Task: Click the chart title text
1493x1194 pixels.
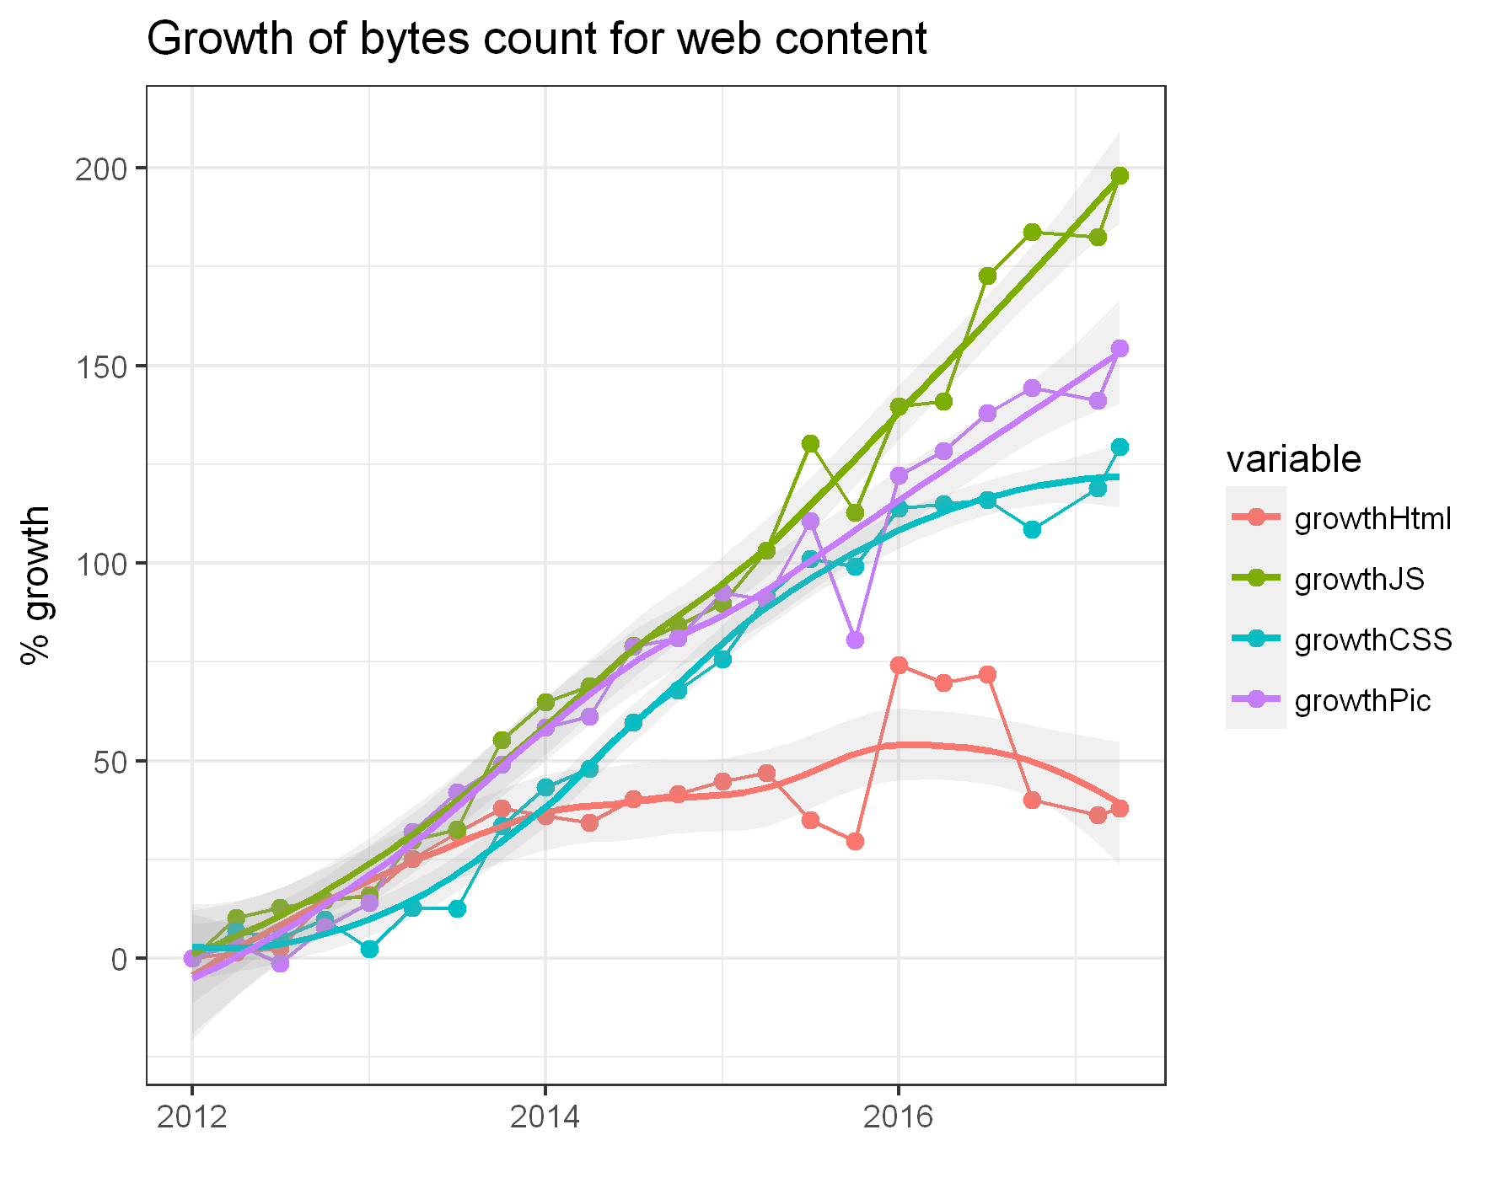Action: click(536, 39)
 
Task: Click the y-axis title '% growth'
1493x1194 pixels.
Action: click(35, 585)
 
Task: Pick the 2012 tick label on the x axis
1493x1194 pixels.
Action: click(191, 1117)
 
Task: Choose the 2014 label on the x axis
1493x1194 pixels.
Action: click(545, 1117)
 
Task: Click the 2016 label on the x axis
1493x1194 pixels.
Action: click(898, 1117)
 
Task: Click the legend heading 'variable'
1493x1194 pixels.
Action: click(1292, 459)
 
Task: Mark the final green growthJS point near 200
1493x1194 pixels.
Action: click(1120, 175)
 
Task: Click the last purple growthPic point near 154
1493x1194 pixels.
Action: click(1120, 349)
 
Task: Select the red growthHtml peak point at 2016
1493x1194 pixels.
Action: click(899, 666)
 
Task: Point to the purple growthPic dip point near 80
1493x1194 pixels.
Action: click(855, 640)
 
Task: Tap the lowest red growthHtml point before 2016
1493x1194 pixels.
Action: click(855, 841)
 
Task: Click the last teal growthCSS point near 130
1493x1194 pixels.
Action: click(1120, 447)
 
